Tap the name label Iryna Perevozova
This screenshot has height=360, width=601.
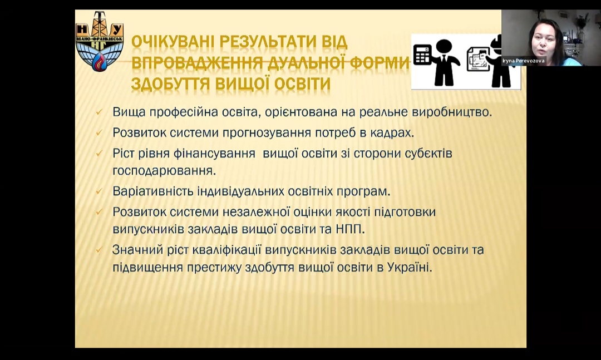[x=523, y=61]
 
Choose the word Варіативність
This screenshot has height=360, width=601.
[x=153, y=191]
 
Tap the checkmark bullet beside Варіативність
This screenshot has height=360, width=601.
[x=98, y=191]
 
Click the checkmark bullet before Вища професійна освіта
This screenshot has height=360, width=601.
[x=98, y=112]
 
